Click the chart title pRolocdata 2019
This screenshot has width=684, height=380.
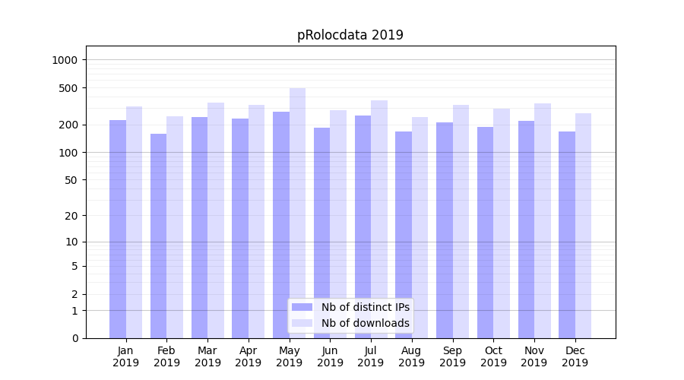pos(350,35)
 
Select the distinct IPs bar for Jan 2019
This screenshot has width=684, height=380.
pos(118,228)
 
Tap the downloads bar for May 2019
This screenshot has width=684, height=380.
pos(297,213)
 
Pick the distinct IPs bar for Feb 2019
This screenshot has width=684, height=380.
pos(158,236)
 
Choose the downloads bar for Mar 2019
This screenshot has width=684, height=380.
pos(216,220)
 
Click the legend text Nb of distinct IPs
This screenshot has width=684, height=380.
pos(365,307)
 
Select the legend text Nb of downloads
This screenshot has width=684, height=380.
pos(365,323)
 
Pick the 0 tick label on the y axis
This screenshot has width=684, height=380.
pos(75,338)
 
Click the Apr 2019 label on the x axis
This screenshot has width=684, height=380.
pos(249,356)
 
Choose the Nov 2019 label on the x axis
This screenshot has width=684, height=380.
pos(534,356)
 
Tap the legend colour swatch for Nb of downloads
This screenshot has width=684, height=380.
pos(302,323)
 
